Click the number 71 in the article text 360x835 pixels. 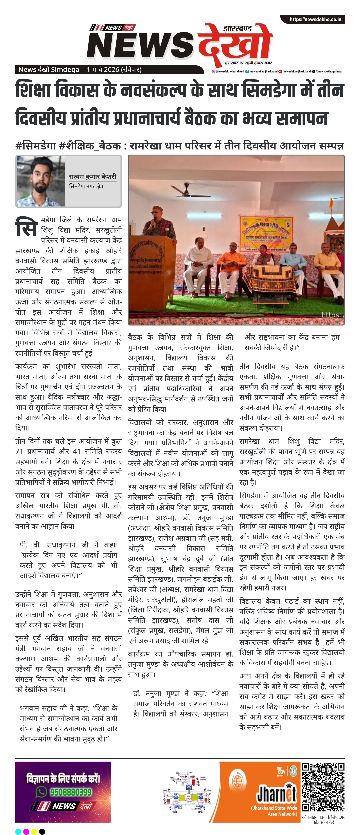[x=19, y=451]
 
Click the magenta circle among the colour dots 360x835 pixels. [x=26, y=831]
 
